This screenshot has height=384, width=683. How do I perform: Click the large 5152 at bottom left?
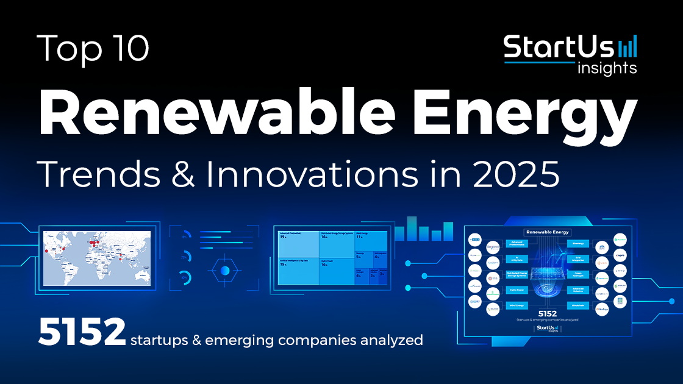coord(81,332)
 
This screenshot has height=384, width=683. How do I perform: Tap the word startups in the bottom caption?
coord(160,340)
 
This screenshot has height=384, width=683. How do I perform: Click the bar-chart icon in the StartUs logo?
coord(628,46)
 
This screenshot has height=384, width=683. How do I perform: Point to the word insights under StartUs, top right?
coord(606,68)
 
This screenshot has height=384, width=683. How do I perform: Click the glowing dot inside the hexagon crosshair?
coord(225,270)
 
